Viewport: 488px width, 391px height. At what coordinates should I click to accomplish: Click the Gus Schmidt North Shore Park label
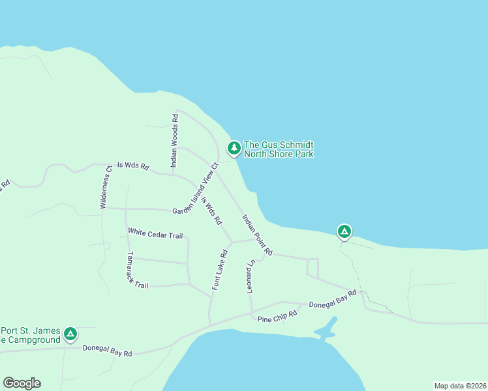pyautogui.click(x=279, y=149)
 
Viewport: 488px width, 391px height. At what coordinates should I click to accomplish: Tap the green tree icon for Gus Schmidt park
pyautogui.click(x=233, y=149)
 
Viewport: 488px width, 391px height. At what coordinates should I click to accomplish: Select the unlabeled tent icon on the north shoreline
pyautogui.click(x=344, y=231)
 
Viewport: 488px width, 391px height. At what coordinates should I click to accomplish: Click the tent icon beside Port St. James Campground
pyautogui.click(x=70, y=334)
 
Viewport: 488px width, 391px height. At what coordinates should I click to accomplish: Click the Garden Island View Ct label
pyautogui.click(x=195, y=188)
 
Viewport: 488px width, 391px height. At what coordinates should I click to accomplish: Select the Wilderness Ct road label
pyautogui.click(x=106, y=187)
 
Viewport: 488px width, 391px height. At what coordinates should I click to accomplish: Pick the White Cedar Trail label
pyautogui.click(x=155, y=233)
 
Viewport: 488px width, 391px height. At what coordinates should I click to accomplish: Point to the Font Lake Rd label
pyautogui.click(x=219, y=269)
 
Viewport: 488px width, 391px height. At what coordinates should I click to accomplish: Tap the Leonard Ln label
pyautogui.click(x=250, y=278)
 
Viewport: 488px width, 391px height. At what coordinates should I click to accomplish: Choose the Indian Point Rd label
pyautogui.click(x=257, y=235)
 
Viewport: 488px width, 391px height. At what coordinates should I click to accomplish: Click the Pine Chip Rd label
pyautogui.click(x=277, y=316)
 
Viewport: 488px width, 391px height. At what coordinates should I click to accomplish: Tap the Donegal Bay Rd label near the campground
pyautogui.click(x=107, y=350)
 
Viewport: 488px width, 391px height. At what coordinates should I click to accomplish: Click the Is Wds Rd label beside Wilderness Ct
pyautogui.click(x=133, y=167)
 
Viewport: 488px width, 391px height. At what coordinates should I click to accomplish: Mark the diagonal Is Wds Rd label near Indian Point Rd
pyautogui.click(x=211, y=211)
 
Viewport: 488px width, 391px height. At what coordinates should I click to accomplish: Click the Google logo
pyautogui.click(x=22, y=383)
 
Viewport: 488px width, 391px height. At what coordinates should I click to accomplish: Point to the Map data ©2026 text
pyautogui.click(x=460, y=386)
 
